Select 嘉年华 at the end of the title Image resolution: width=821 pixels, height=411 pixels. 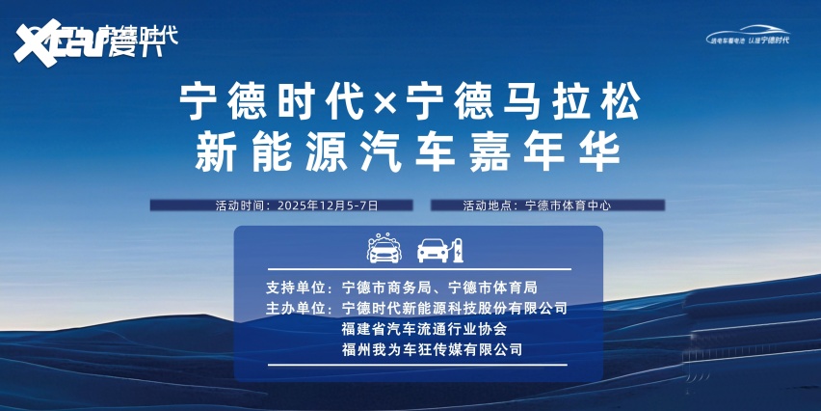[x=575, y=151]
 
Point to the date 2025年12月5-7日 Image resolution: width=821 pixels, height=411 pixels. [x=328, y=205]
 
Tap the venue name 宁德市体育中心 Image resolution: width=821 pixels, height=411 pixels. [x=569, y=205]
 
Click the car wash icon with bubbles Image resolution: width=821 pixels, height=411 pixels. [x=384, y=248]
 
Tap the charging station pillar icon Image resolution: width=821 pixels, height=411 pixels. [x=460, y=249]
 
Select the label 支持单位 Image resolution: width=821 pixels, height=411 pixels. [x=298, y=288]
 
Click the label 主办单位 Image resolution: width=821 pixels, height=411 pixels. [x=298, y=309]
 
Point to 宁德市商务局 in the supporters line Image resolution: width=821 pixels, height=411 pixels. [x=383, y=288]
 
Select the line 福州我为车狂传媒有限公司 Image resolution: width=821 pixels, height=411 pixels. [x=432, y=349]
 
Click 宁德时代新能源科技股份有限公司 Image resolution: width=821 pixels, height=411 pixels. [x=454, y=309]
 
